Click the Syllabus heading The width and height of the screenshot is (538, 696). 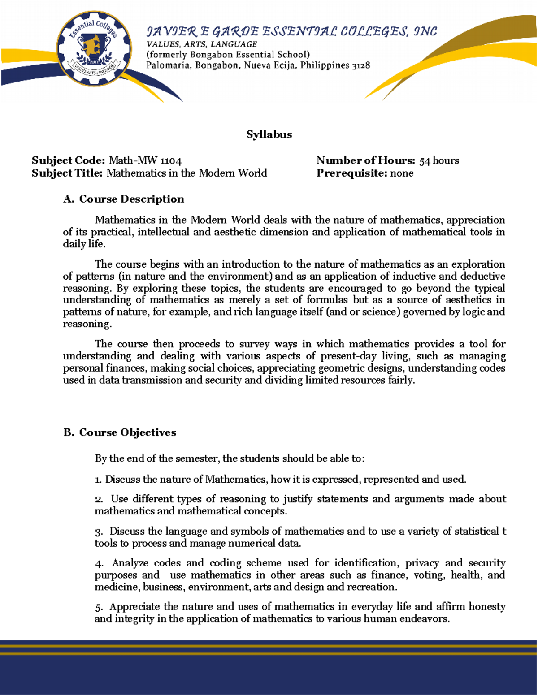(269, 134)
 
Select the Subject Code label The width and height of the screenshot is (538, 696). (68, 160)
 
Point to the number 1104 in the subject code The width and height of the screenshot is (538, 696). (171, 160)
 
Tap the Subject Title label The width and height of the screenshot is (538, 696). (67, 173)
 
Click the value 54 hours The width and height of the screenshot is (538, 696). (439, 160)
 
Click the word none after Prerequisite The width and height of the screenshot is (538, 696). (402, 173)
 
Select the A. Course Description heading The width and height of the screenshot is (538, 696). (124, 199)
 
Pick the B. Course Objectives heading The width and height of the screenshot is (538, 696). (120, 432)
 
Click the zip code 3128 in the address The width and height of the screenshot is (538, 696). (361, 65)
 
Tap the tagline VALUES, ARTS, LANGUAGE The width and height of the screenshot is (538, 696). (202, 44)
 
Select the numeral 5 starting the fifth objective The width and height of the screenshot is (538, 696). (98, 607)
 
